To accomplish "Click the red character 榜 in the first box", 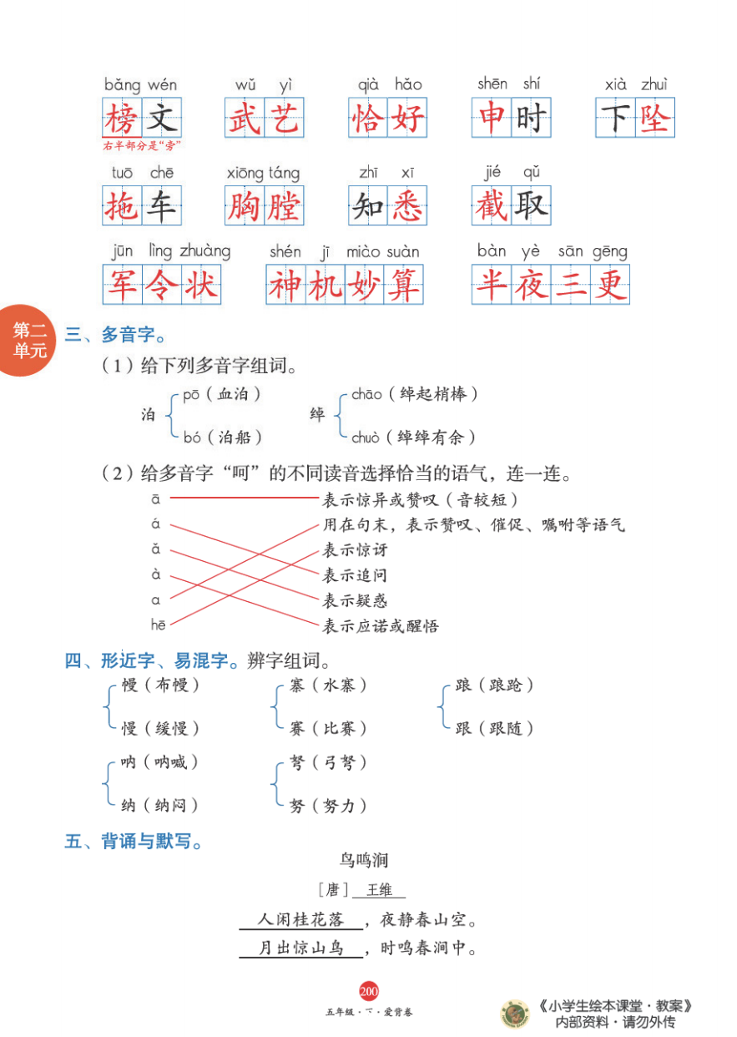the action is [122, 118].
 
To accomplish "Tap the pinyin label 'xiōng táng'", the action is [263, 173].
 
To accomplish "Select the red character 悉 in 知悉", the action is [407, 206].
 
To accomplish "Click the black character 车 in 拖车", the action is [161, 206].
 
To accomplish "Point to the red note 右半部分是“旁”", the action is [142, 146].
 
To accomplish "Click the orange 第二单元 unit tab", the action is [28, 340].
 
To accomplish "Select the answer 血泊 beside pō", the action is [240, 393].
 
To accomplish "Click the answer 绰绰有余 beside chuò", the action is [437, 436].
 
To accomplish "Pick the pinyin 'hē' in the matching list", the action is [158, 625].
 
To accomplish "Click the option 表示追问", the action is [355, 575].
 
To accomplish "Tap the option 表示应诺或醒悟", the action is [381, 625].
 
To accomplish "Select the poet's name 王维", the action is [379, 890].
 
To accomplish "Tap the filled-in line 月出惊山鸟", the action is [300, 948].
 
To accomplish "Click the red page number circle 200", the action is [369, 991].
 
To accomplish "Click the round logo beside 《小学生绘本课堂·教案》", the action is [514, 1014].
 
